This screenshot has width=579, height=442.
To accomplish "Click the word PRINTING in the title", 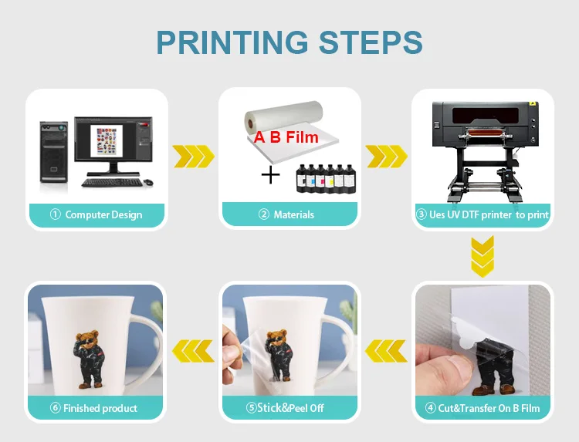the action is tap(232, 42).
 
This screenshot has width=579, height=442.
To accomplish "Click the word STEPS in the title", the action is tap(371, 42).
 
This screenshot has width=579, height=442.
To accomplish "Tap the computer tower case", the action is tap(54, 152).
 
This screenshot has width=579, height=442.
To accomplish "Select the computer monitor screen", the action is tap(113, 140).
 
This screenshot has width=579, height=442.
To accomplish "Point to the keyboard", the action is tap(112, 182).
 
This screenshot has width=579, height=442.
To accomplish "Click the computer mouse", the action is tap(148, 182).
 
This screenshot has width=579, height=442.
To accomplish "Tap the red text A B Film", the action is tap(286, 137).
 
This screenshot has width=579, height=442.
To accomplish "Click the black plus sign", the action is tap(270, 175).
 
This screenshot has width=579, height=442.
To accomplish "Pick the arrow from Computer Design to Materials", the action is tap(194, 157).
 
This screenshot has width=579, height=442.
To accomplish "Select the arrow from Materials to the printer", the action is tap(387, 157).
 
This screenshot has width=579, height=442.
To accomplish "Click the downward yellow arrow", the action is tap(482, 256).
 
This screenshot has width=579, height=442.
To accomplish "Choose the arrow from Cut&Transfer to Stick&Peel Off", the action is tap(386, 351).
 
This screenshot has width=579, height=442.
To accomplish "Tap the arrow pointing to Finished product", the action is tap(193, 351).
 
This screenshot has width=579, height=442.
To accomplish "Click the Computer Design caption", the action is tap(96, 214).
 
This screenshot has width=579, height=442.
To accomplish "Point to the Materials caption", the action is tap(286, 214).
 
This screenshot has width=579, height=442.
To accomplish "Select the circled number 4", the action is tap(430, 408).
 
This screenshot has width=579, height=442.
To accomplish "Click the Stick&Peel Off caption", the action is tap(285, 408).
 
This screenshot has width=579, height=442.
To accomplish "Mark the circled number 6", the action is tap(56, 408).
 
